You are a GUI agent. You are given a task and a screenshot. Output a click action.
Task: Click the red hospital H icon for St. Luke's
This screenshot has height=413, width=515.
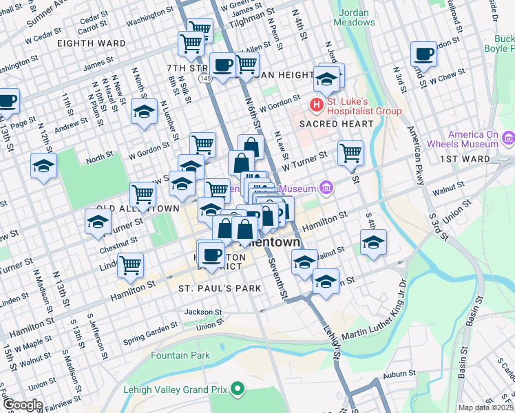[x=317, y=105]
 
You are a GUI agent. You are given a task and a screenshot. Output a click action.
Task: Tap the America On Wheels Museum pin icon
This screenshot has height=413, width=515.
[x=509, y=137]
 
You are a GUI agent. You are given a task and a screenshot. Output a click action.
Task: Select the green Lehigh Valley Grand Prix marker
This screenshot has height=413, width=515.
[x=238, y=390]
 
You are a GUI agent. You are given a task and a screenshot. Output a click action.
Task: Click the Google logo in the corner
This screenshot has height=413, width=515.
[x=23, y=405]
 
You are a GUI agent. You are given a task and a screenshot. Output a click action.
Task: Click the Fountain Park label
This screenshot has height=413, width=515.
[x=180, y=356]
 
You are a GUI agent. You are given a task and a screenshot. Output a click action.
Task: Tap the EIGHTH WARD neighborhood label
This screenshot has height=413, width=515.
[x=92, y=43]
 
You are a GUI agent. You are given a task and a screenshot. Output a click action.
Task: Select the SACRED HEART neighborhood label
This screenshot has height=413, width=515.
[x=335, y=124]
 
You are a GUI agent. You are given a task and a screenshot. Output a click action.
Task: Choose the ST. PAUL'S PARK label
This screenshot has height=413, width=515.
[x=210, y=287]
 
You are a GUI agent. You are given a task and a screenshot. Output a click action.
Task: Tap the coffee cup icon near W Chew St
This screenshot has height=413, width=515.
[x=423, y=54]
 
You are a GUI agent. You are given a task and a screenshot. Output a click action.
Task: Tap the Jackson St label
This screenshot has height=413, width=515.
[x=203, y=312]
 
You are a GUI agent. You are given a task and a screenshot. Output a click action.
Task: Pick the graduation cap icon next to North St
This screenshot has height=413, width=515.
[x=43, y=166]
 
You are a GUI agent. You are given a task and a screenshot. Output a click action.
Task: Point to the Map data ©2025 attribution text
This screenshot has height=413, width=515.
[x=486, y=407]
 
